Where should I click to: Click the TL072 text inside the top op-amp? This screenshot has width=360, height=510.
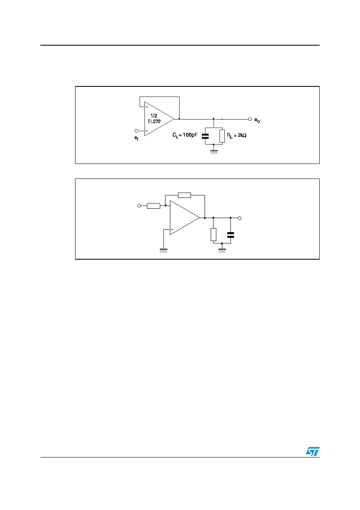[x=154, y=122]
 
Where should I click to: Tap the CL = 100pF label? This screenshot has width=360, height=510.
[x=185, y=135]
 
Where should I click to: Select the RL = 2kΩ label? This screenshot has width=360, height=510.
[x=237, y=135]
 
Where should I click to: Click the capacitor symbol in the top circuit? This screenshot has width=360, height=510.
[x=205, y=136]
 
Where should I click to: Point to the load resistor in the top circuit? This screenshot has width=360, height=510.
[x=222, y=136]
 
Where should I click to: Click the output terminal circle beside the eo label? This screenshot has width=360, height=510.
[x=250, y=119]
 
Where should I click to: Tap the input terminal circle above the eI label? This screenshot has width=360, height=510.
[x=136, y=131]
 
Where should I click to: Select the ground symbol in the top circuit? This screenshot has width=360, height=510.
[x=214, y=152]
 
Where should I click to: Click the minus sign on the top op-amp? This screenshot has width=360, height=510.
[x=147, y=107]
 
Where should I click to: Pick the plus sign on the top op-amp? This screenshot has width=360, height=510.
[x=147, y=131]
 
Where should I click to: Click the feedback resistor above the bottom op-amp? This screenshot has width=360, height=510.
[x=184, y=195]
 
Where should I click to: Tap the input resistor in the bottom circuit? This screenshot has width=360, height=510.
[x=154, y=206]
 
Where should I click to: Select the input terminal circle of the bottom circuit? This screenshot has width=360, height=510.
[x=139, y=206]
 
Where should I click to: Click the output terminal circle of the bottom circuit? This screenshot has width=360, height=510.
[x=239, y=218]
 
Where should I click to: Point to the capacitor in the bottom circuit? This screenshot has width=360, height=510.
[x=230, y=235]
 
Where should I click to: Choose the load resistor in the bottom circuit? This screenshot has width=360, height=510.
[x=213, y=235]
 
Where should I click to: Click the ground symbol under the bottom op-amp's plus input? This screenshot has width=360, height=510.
[x=163, y=251]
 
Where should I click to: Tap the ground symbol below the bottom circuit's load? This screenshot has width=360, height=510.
[x=222, y=251]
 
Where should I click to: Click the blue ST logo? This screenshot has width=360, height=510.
[x=312, y=451]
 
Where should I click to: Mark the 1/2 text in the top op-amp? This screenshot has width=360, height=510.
[x=154, y=115]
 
